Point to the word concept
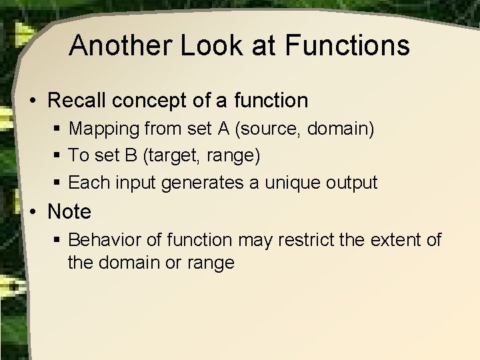click(167, 101)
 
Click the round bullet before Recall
click(33, 101)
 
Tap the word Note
click(69, 212)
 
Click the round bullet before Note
click(33, 213)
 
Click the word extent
click(396, 239)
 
